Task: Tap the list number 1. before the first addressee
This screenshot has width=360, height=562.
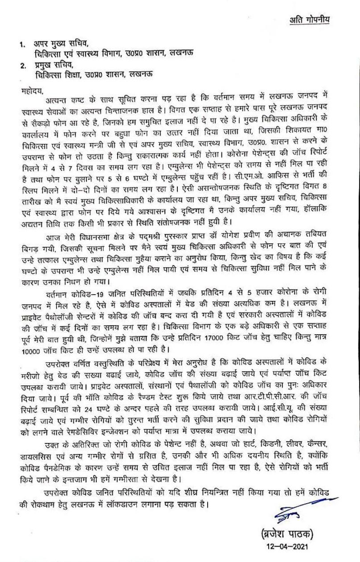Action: tap(21, 45)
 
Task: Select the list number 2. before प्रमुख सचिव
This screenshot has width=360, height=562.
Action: tap(21, 66)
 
